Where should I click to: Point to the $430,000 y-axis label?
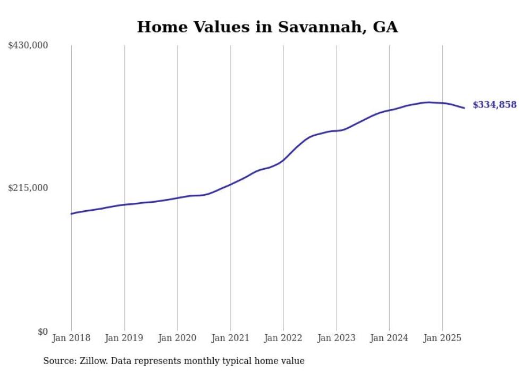(28, 46)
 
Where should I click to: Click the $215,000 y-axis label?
(28, 188)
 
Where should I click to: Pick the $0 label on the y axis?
(43, 332)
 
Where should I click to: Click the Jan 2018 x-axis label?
(71, 338)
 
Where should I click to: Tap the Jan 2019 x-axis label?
(124, 338)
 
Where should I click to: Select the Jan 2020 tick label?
(177, 338)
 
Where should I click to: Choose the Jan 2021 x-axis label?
(230, 338)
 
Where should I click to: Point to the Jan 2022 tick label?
(283, 338)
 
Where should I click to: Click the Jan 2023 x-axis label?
(336, 338)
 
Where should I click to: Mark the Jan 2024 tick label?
(389, 338)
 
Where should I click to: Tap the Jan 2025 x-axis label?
(442, 338)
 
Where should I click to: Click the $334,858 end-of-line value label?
(494, 105)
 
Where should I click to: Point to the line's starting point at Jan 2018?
(72, 213)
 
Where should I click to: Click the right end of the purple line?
(464, 108)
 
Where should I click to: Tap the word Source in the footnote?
(57, 361)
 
